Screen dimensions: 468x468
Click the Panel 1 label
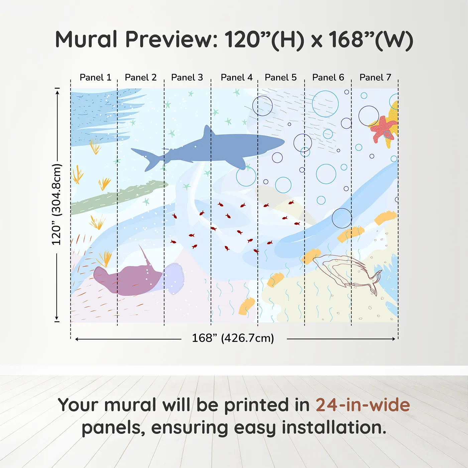click(95, 78)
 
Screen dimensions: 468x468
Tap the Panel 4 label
click(236, 78)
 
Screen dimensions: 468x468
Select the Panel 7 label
click(375, 78)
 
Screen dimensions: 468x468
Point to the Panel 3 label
click(187, 78)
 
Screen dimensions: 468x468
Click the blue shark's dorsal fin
click(208, 131)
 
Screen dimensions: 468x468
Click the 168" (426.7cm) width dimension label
click(233, 338)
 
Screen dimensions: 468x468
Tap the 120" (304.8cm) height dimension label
click(56, 205)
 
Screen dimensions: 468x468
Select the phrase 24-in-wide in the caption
click(362, 405)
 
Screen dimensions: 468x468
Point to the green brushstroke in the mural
click(117, 197)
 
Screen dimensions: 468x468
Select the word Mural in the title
click(86, 39)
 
